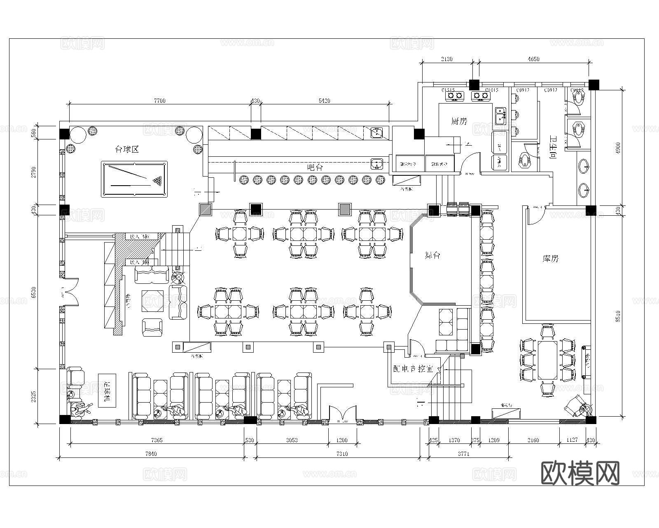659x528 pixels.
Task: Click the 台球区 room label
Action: click(127, 149)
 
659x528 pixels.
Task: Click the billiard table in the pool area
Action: click(134, 179)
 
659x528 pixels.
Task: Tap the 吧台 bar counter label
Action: click(315, 167)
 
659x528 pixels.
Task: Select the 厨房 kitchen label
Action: click(459, 121)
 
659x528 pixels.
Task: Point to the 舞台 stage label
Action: click(433, 255)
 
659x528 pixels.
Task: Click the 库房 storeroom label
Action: click(551, 259)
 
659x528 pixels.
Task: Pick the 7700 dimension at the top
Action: click(160, 101)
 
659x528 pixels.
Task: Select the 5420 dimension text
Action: click(325, 101)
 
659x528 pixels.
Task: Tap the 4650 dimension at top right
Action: click(534, 59)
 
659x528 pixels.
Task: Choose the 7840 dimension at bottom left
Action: click(152, 454)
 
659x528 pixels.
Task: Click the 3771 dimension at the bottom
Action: click(464, 454)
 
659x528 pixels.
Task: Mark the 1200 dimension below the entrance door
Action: click(342, 440)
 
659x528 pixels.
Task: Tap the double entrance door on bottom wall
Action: click(342, 414)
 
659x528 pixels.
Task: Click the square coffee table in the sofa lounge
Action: click(152, 302)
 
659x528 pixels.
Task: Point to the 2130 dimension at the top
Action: click(447, 59)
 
